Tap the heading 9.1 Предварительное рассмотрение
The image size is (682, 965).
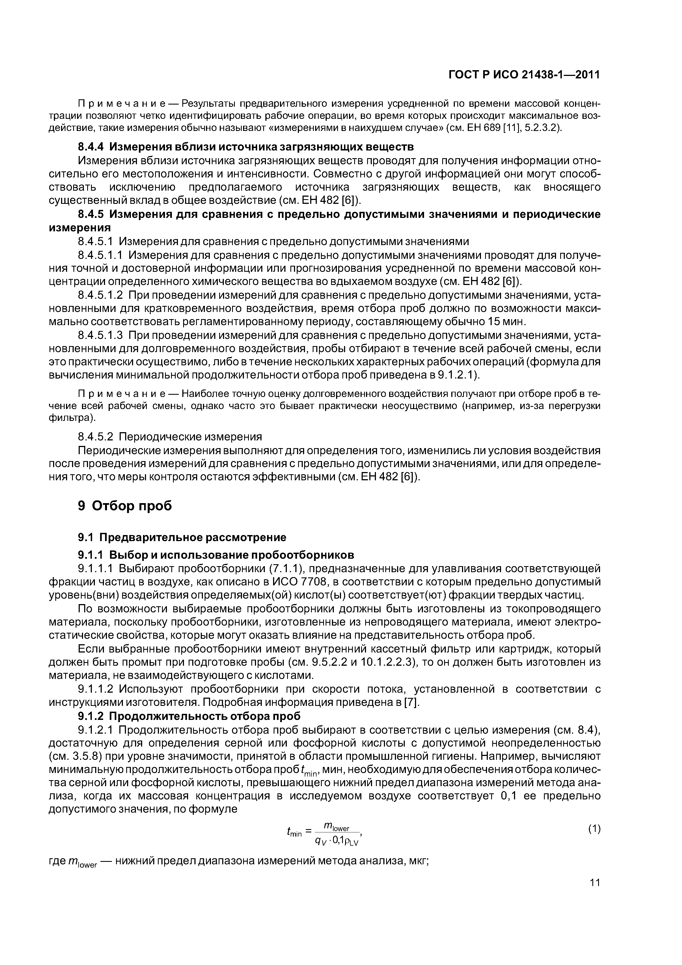(x=182, y=537)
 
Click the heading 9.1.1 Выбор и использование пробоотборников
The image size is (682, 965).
(x=216, y=555)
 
